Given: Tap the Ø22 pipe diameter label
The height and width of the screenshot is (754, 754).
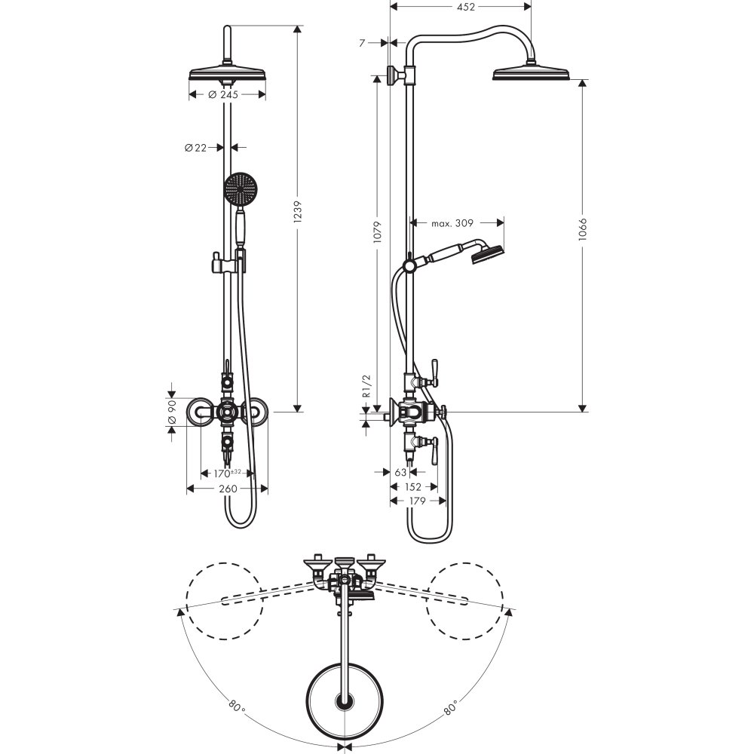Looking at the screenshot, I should (x=195, y=148).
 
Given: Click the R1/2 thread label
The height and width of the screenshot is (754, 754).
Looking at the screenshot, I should (x=367, y=386).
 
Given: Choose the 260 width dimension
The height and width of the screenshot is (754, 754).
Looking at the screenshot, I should (x=227, y=489).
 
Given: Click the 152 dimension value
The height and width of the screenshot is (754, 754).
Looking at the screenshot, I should (x=413, y=487).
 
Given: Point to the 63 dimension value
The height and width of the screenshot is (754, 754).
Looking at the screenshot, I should (x=401, y=473).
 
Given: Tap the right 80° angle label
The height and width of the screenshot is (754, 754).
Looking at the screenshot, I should (x=452, y=707).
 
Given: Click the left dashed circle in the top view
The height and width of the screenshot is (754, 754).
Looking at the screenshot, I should (x=223, y=600).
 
